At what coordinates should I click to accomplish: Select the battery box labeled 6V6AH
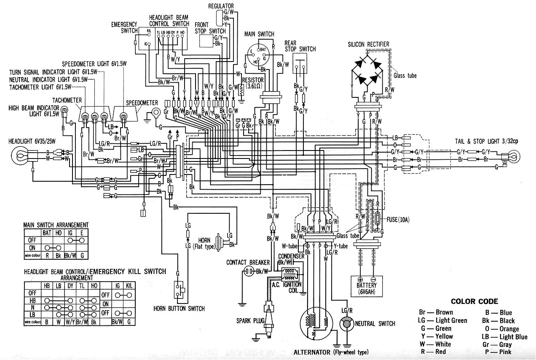(366, 286)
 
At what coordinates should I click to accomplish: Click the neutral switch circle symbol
(346, 324)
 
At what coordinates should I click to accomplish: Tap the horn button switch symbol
(180, 290)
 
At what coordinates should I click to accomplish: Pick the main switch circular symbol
(258, 55)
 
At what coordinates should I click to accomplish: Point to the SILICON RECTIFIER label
(368, 44)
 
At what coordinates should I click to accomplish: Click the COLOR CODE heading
(474, 301)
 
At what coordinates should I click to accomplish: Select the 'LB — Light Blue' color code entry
(504, 337)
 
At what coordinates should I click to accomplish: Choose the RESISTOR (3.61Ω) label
(253, 83)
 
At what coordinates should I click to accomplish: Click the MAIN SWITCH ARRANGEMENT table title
(56, 225)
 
